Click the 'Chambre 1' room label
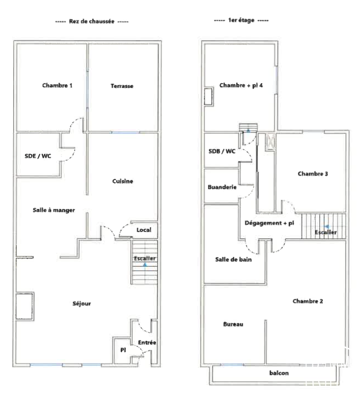pos(57,86)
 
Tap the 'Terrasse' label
pos(122,86)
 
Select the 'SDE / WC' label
pos(38,156)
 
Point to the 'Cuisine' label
pos(122,181)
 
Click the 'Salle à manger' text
pos(53,210)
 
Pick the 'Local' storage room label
pos(144,230)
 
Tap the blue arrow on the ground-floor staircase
pos(145,265)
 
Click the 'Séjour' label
pos(82,303)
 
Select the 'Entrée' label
pos(147,343)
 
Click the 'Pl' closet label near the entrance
pos(123,350)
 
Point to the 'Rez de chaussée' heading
pos(92,21)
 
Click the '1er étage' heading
pos(241,20)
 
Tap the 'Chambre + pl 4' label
pos(241,86)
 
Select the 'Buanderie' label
pos(222,187)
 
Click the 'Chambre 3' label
pos(313,174)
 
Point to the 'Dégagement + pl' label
pos(269,223)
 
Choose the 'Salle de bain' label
pos(233,259)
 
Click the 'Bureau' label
pos(233,324)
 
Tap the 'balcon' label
pos(279,373)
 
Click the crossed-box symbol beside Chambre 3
pos(270,142)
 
